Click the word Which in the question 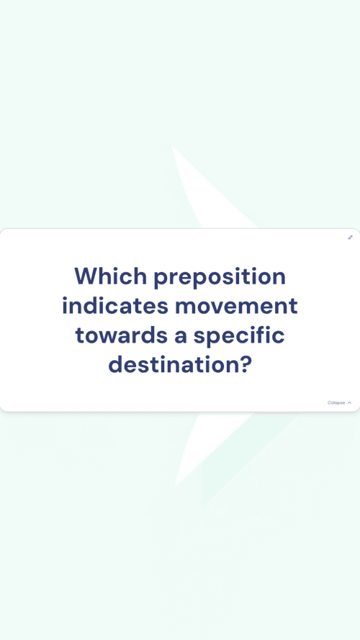(111, 276)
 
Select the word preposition (220, 278)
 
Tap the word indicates (115, 306)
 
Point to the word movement (236, 307)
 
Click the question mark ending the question (243, 365)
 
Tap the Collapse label (336, 403)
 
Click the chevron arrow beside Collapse (349, 403)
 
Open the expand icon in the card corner (350, 237)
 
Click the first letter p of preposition (161, 281)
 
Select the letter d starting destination (115, 365)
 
